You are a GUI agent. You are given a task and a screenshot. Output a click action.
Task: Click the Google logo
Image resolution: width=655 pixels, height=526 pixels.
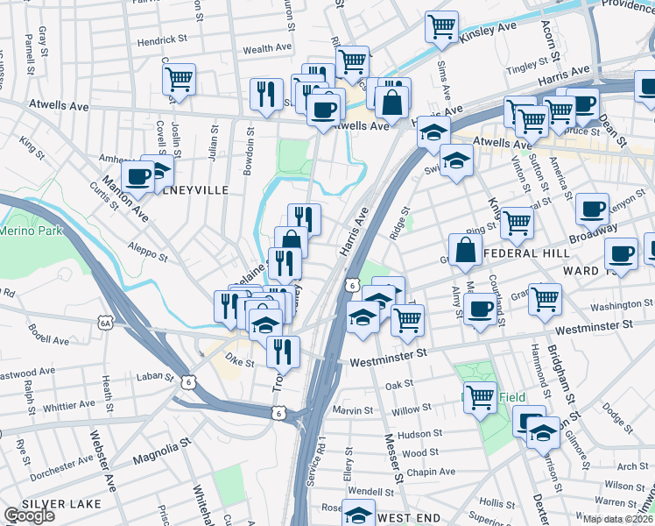29,515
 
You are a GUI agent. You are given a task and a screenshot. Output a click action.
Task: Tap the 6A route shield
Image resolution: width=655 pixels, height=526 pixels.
106,323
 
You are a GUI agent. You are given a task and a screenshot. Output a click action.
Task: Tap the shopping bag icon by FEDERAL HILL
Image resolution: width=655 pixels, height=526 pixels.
466,249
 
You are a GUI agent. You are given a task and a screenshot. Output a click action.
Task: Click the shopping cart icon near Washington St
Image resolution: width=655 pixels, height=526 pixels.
545,300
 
